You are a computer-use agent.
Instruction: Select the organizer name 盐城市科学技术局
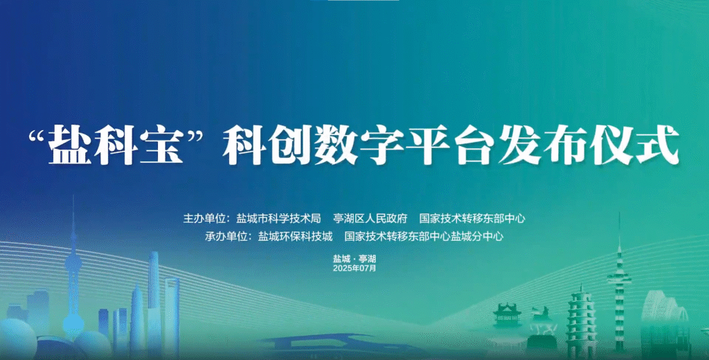tap(278, 219)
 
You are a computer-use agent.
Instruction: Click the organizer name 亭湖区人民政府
tap(370, 219)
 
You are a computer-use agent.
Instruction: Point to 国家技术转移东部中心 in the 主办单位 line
tap(472, 219)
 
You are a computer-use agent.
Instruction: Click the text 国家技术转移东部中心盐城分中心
tap(424, 236)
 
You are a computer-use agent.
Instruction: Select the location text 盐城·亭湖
tap(354, 259)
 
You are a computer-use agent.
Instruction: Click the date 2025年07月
tap(354, 268)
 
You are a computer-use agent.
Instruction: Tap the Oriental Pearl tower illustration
tap(73, 280)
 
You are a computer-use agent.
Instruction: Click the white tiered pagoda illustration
tap(582, 321)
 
